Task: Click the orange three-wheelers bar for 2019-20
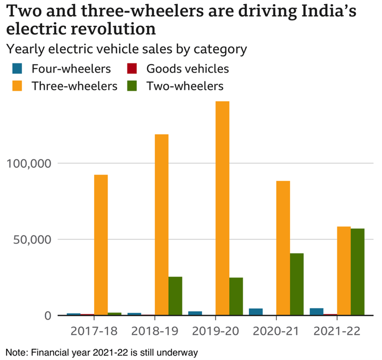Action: (x=222, y=208)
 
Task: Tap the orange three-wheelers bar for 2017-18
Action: (x=101, y=245)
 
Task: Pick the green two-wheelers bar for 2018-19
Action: (x=175, y=296)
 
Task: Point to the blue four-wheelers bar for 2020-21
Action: (x=256, y=312)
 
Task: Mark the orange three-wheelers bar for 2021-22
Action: (x=343, y=271)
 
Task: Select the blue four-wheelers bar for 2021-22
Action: (x=317, y=312)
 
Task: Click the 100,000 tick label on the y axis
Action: (x=29, y=164)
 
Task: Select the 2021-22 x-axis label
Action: (x=337, y=331)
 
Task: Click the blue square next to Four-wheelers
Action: (x=17, y=69)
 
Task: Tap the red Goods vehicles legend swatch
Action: (x=132, y=69)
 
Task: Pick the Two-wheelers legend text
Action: (x=185, y=86)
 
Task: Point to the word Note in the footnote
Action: (x=16, y=352)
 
